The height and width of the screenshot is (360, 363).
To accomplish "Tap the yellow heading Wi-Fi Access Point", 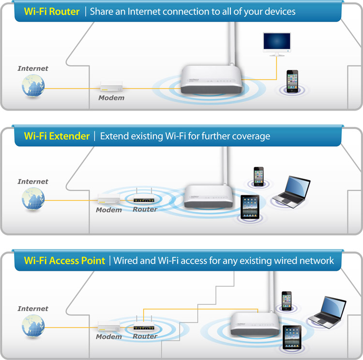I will click(64, 261).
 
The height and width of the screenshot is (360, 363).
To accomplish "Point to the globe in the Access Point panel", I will click(33, 326).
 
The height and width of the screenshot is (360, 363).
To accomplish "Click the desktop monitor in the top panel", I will click(276, 43).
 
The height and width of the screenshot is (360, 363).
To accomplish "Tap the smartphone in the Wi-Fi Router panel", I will click(292, 81).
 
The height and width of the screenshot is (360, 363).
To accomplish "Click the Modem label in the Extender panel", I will click(109, 210).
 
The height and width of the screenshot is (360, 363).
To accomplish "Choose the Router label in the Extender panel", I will click(145, 209).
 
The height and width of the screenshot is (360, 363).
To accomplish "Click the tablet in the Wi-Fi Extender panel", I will click(250, 207).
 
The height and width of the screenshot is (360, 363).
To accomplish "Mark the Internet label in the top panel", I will click(33, 68).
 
